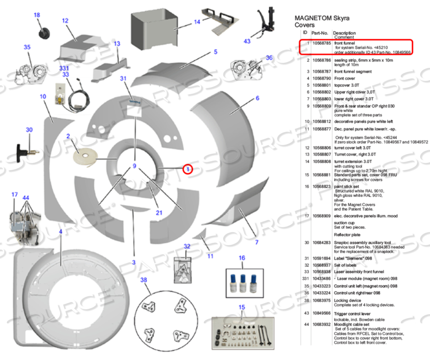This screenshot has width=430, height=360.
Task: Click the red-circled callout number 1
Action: (188, 169)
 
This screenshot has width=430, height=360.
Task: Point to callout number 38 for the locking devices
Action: (144, 279)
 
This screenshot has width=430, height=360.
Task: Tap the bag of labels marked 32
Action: (184, 269)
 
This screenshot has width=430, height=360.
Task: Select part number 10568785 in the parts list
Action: (320, 43)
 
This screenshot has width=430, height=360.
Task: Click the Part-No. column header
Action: (320, 33)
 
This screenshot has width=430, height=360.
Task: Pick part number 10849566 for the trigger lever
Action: (320, 313)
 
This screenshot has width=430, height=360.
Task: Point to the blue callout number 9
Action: (134, 166)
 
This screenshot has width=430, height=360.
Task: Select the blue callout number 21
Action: (159, 213)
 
